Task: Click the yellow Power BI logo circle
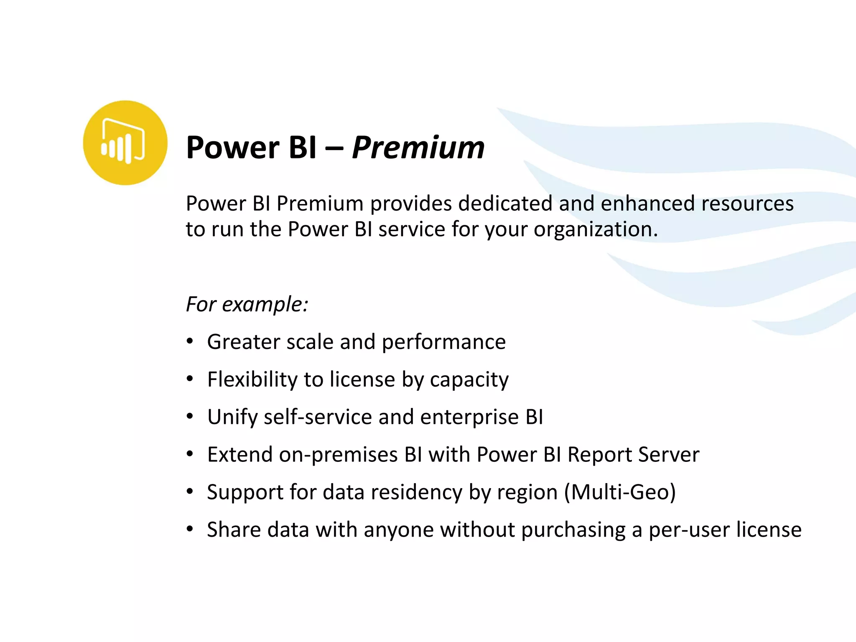tap(125, 143)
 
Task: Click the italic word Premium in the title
tap(418, 148)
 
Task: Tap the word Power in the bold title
tap(233, 148)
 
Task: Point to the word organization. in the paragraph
tap(595, 229)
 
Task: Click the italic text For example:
tap(247, 304)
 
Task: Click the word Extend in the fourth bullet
tap(240, 454)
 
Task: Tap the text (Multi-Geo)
tap(620, 492)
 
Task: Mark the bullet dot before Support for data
tap(190, 492)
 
